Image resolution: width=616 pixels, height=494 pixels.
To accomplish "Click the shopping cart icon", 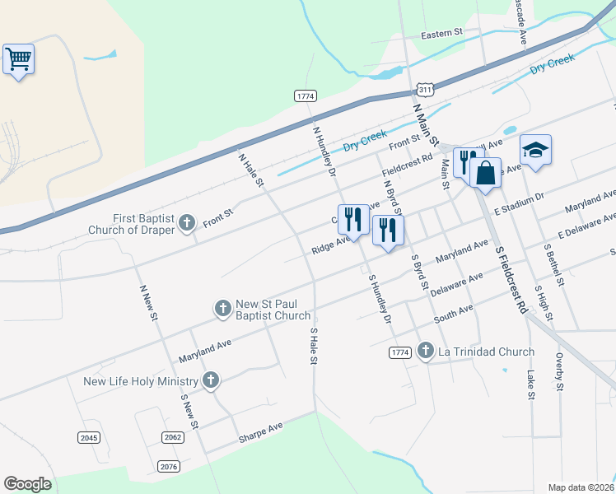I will pos(18,59).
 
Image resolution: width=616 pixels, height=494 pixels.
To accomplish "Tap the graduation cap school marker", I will pos(535,150).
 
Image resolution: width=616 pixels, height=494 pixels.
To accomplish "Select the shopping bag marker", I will pos(485,173).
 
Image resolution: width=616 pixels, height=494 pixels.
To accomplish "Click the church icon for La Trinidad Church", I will pos(425,352).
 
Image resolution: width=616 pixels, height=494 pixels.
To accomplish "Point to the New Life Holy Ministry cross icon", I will pos(211,380).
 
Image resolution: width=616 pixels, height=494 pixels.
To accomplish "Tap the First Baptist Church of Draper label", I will pos(133,223).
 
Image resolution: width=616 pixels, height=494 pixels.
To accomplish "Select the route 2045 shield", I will pos(89,437).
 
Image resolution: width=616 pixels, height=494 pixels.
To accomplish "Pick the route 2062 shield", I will pos(172,437).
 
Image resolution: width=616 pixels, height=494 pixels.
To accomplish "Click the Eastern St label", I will pos(442,34).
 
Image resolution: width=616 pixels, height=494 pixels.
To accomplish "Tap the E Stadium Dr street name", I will pos(520,204).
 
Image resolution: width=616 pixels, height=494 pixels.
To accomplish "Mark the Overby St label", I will pos(560,373).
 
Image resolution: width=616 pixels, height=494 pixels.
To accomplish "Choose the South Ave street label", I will pos(454,313).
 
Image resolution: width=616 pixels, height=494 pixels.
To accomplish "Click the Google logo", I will pos(27,484).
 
